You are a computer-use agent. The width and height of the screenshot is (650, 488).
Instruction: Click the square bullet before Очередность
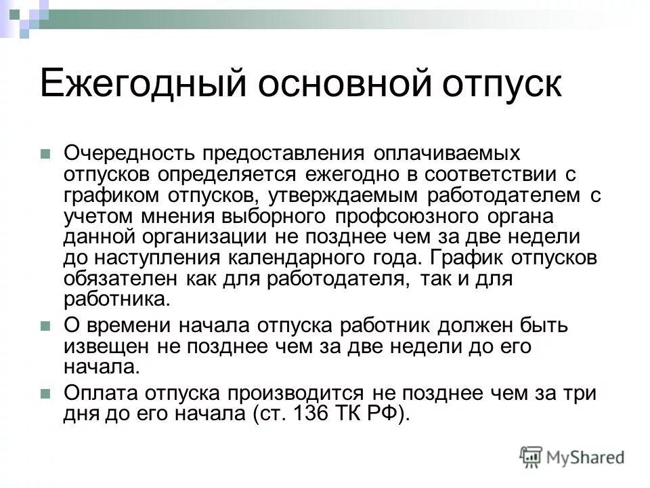(46, 154)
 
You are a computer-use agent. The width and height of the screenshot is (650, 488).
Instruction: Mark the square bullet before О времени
(46, 326)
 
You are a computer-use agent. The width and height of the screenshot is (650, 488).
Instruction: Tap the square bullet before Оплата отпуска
(46, 394)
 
